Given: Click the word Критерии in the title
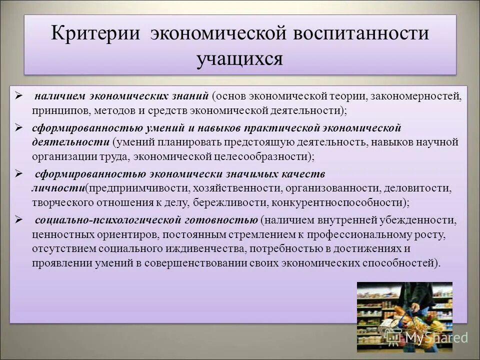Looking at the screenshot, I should click(94, 34).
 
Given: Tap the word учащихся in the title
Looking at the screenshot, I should click(240, 58).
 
